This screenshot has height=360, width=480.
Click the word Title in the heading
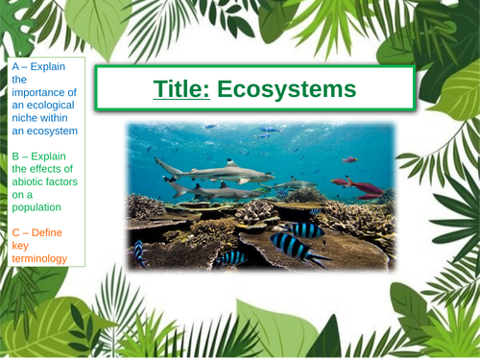pyautogui.click(x=181, y=90)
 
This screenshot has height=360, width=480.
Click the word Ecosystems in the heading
pyautogui.click(x=286, y=90)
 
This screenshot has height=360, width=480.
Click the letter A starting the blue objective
pyautogui.click(x=16, y=67)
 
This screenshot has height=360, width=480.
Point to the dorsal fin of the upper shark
pyautogui.click(x=231, y=163)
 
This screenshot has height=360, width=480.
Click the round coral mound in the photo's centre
pyautogui.click(x=254, y=210)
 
